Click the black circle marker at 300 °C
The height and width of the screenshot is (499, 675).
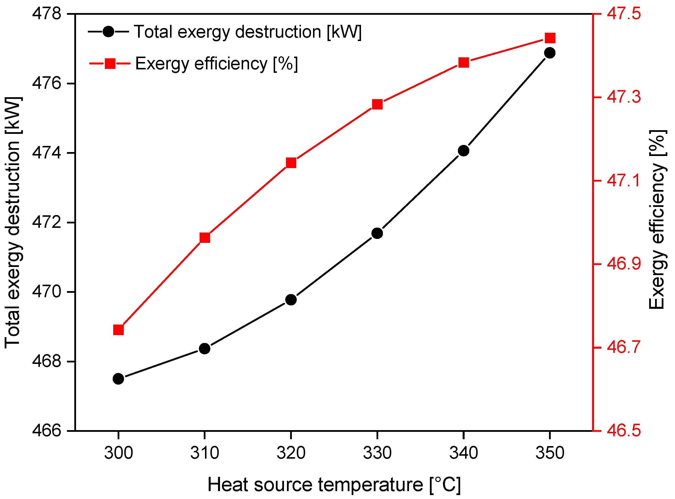pyautogui.click(x=118, y=379)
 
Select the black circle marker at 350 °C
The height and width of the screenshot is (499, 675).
pyautogui.click(x=550, y=53)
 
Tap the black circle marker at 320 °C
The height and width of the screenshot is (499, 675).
pyautogui.click(x=291, y=300)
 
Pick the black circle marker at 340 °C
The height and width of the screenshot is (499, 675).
pyautogui.click(x=464, y=150)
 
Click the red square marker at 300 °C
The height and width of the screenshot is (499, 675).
pyautogui.click(x=118, y=330)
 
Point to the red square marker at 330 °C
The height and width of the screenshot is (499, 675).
pyautogui.click(x=377, y=105)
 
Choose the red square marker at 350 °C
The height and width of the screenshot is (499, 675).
pyautogui.click(x=550, y=38)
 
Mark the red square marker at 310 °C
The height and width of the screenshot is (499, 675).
pyautogui.click(x=205, y=238)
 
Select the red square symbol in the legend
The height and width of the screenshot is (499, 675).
pyautogui.click(x=110, y=63)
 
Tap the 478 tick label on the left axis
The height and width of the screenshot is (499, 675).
pyautogui.click(x=47, y=14)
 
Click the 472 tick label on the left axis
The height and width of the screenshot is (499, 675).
pyautogui.click(x=47, y=223)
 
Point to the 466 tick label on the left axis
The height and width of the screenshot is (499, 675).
pyautogui.click(x=47, y=430)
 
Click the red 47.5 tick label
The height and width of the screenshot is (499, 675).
pyautogui.click(x=624, y=14)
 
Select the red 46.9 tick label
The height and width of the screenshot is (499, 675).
pyautogui.click(x=624, y=264)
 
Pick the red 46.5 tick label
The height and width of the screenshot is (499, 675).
pyautogui.click(x=624, y=430)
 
